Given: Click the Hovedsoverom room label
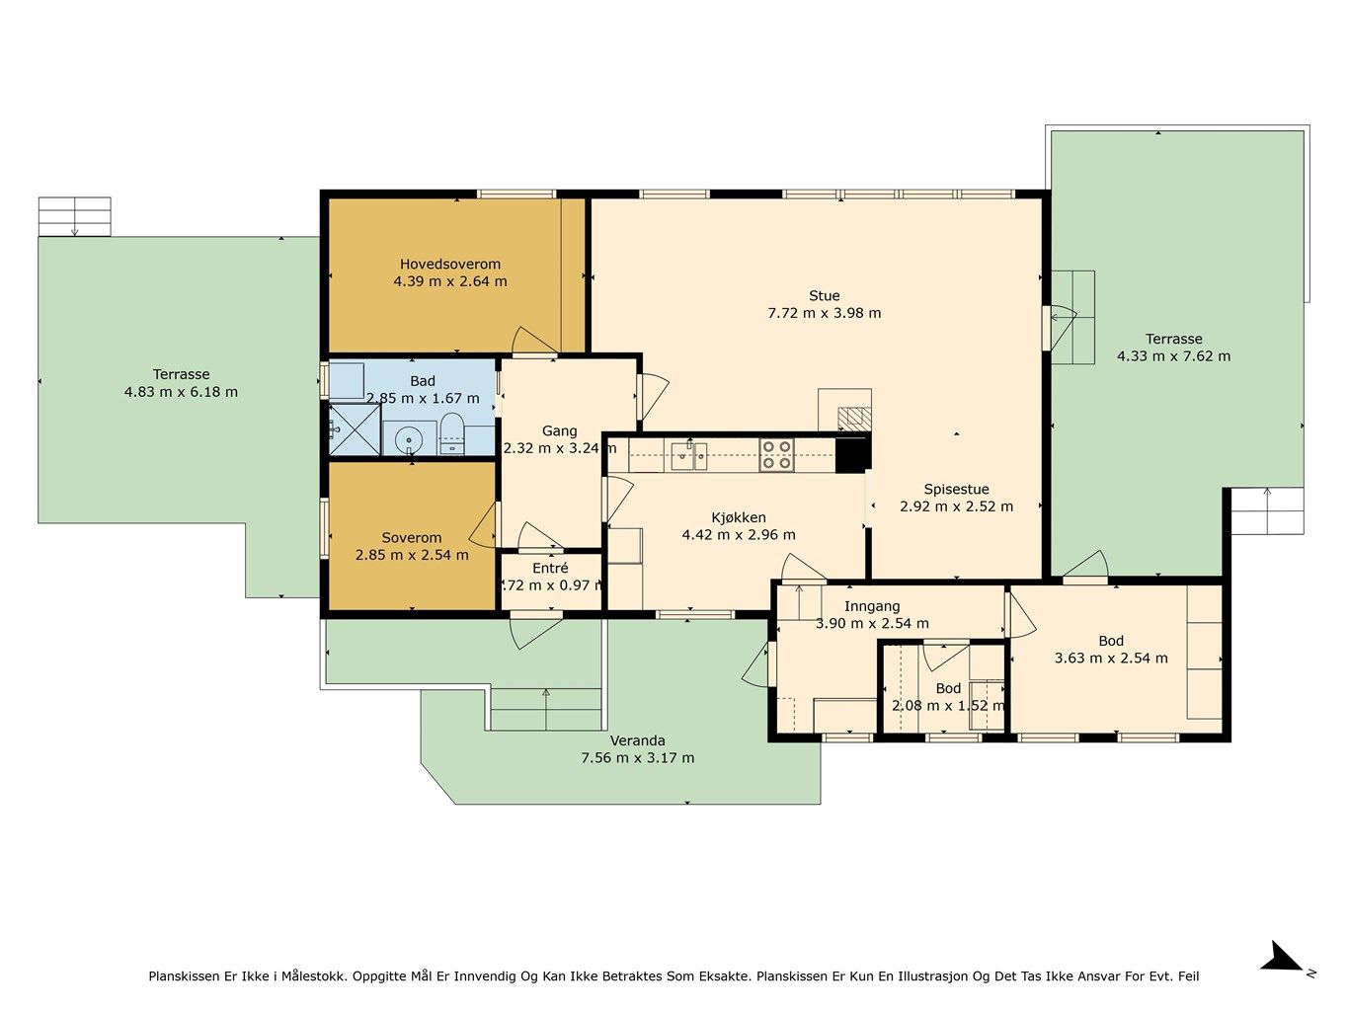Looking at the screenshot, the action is pyautogui.click(x=450, y=264).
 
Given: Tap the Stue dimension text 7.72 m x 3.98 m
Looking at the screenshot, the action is pyautogui.click(x=825, y=313).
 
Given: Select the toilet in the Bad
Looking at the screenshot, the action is pyautogui.click(x=452, y=433).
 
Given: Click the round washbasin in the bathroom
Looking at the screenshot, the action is pyautogui.click(x=409, y=439).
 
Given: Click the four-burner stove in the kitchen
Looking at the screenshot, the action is pyautogui.click(x=776, y=455).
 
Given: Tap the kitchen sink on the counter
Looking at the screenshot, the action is pyautogui.click(x=688, y=456).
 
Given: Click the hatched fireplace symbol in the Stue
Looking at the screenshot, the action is pyautogui.click(x=855, y=418).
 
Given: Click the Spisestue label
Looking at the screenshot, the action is pyautogui.click(x=956, y=490).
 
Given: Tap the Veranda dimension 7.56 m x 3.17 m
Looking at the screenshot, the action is pyautogui.click(x=637, y=758).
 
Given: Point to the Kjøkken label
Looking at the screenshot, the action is pyautogui.click(x=739, y=517).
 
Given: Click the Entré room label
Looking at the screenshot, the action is pyautogui.click(x=550, y=568).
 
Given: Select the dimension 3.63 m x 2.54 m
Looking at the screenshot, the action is pyautogui.click(x=1111, y=659).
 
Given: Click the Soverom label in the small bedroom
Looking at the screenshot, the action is pyautogui.click(x=412, y=538).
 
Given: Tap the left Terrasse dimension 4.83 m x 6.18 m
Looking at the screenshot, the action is pyautogui.click(x=181, y=392).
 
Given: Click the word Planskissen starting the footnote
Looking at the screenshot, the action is pyautogui.click(x=184, y=976).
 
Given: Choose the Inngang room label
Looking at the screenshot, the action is pyautogui.click(x=872, y=606).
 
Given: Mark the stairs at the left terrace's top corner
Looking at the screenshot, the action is pyautogui.click(x=75, y=216).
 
